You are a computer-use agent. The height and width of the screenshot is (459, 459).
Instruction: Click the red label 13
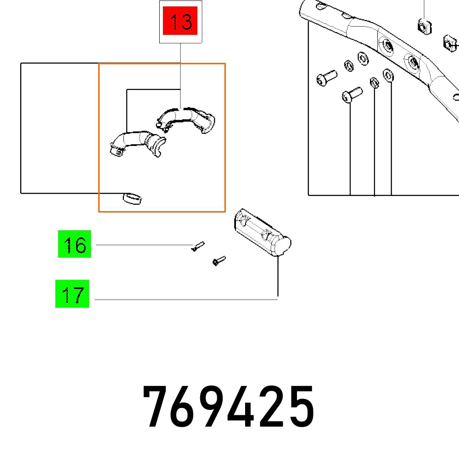pyautogui.click(x=180, y=22)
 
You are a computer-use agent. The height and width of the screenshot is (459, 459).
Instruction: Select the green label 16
pyautogui.click(x=75, y=245)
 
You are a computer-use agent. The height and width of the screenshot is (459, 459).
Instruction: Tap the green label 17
pyautogui.click(x=73, y=294)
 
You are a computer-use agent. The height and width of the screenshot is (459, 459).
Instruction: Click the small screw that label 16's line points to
pyautogui.click(x=198, y=246)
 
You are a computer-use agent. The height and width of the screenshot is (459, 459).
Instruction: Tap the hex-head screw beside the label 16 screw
pyautogui.click(x=218, y=261)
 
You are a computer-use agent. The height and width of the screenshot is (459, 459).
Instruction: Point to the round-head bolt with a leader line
pyautogui.click(x=351, y=95)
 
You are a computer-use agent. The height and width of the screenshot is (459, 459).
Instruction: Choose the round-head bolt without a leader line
pyautogui.click(x=326, y=78)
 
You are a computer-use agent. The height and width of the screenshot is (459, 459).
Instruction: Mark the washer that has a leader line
pyautogui.click(x=388, y=74)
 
